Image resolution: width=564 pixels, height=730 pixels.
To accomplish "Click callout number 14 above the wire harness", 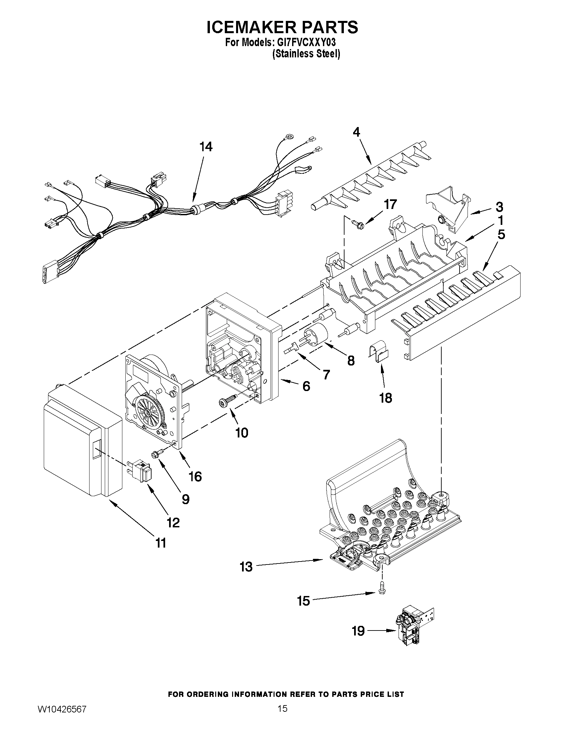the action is (206, 147).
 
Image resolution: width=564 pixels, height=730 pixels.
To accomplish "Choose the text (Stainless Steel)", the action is (306, 54).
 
